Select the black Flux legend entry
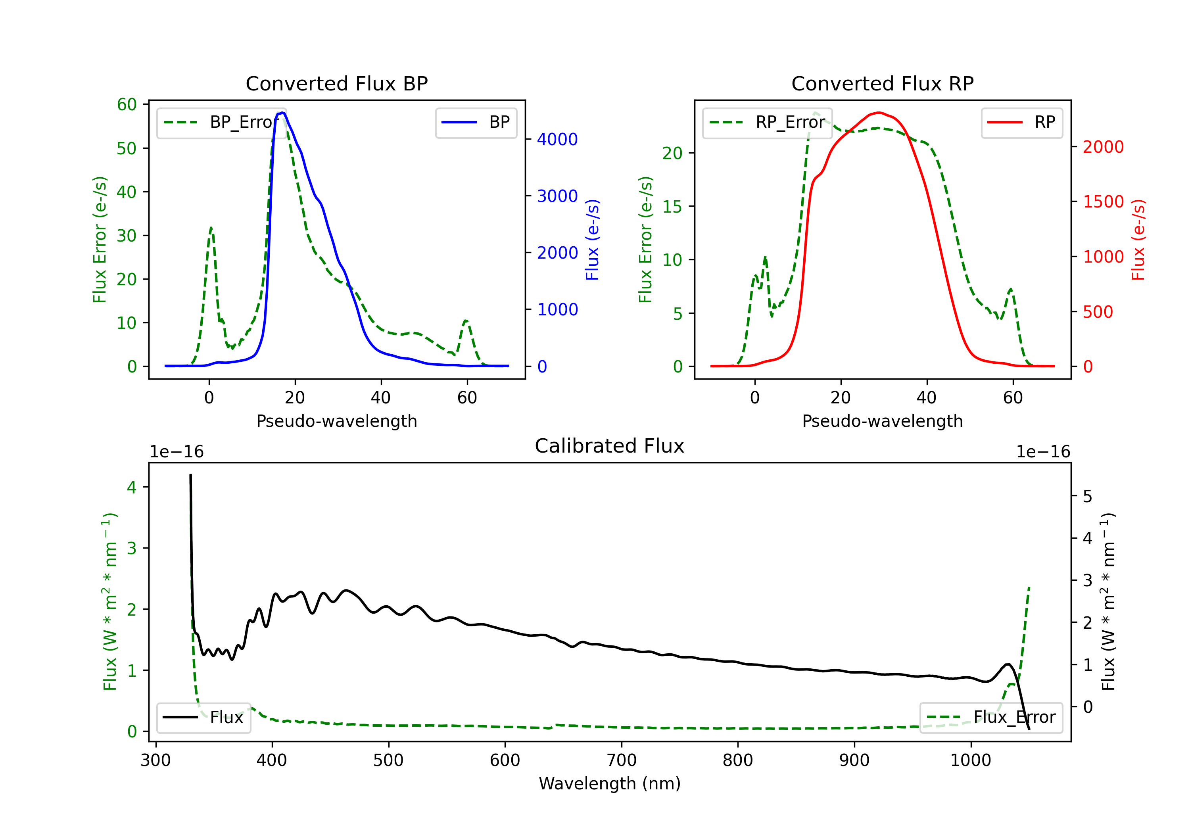(204, 718)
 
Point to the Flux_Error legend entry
(991, 718)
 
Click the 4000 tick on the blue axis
(557, 140)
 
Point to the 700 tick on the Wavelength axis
(622, 760)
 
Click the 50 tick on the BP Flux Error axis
(127, 149)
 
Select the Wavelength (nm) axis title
(610, 783)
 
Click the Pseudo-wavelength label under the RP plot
(882, 421)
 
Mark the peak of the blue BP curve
(282, 113)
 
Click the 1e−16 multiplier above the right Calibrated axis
(1043, 452)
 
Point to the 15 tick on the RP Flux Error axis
(672, 207)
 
